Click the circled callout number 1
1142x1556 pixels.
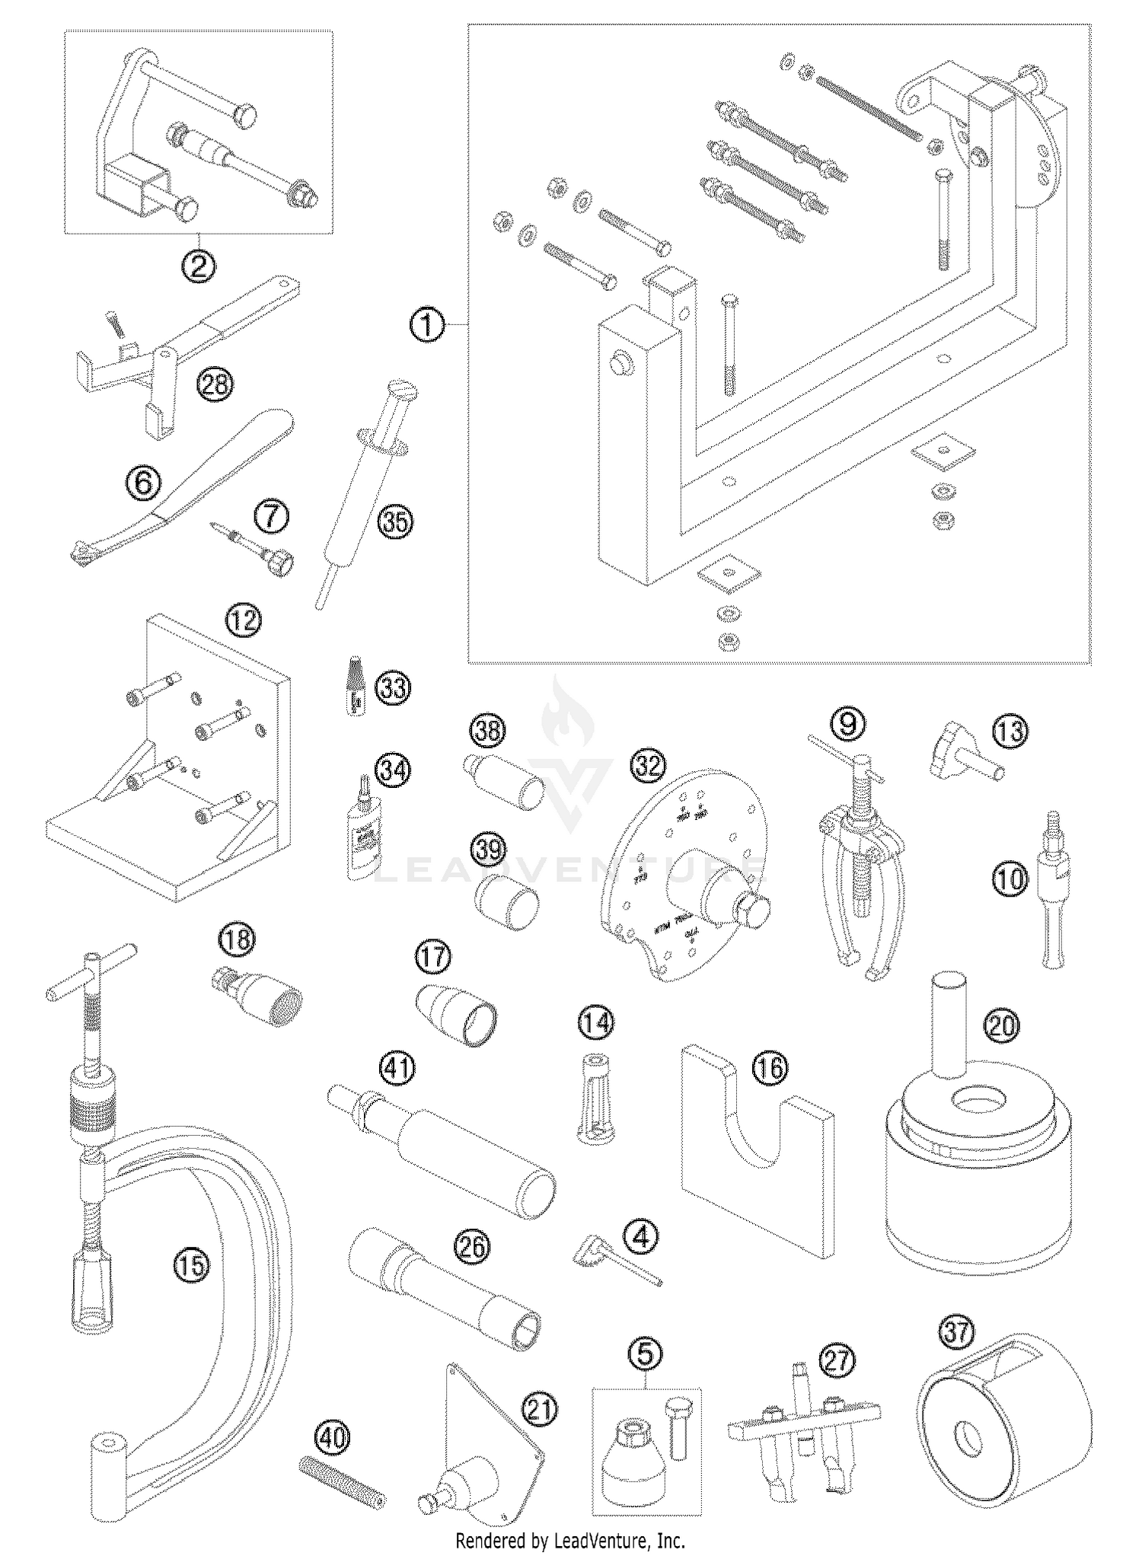pos(427,325)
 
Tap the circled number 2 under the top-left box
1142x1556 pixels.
pos(198,266)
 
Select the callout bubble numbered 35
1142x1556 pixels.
pos(396,522)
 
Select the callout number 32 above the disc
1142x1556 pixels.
pos(649,766)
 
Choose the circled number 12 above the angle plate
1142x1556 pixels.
pos(243,620)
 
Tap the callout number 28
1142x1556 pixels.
pos(215,384)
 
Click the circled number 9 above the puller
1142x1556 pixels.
pos(847,722)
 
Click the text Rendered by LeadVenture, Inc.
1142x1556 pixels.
pos(569,1542)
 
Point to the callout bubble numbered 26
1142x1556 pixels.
pos(472,1246)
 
